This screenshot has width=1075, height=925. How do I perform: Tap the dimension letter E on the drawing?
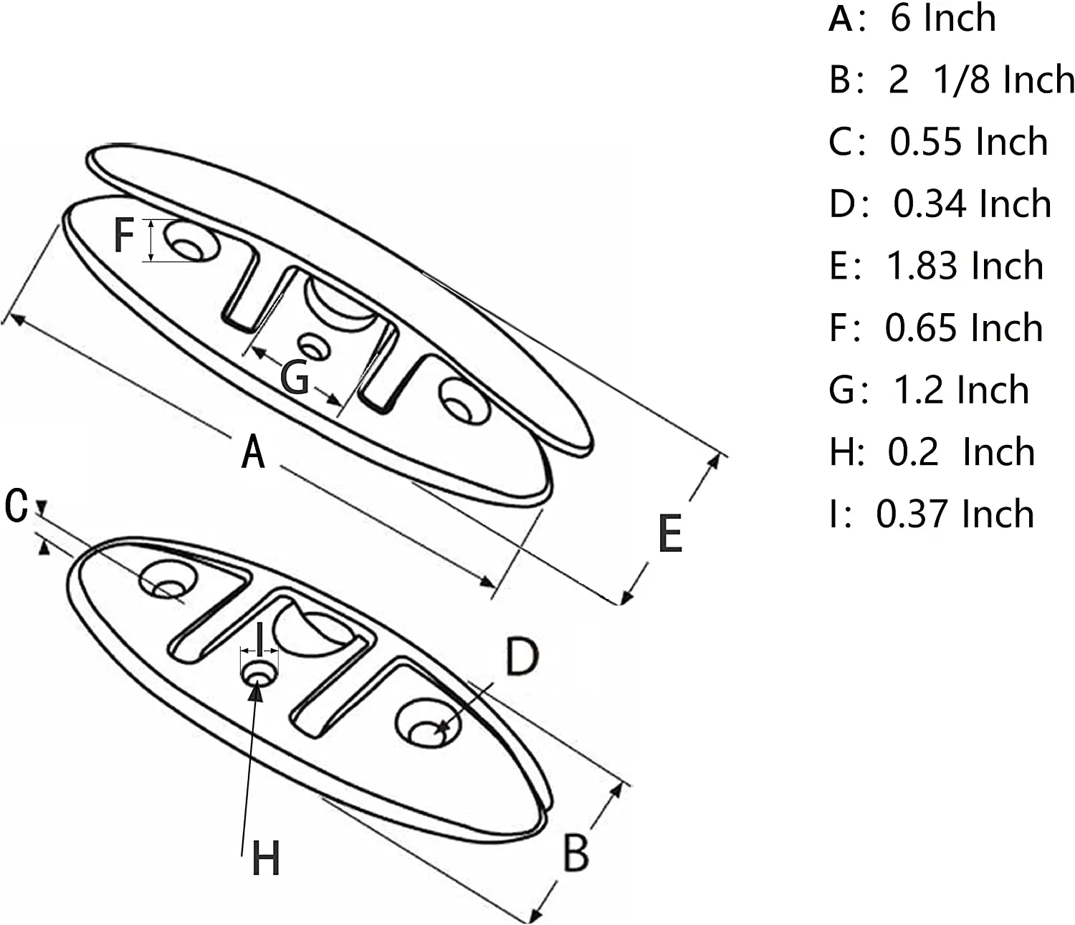(670, 534)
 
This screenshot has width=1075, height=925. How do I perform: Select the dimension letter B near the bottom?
(575, 853)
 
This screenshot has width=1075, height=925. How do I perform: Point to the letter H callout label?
(266, 858)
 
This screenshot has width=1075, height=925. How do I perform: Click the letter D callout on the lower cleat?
(522, 657)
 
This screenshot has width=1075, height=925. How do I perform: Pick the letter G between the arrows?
(295, 377)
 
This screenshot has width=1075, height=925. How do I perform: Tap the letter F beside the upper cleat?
(124, 235)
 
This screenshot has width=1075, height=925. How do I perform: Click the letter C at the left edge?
(16, 506)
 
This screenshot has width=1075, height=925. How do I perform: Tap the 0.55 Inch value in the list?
(968, 142)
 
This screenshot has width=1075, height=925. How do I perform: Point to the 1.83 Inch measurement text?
(965, 266)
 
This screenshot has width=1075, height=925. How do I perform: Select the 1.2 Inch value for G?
(960, 390)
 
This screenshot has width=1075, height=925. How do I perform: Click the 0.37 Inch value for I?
(955, 514)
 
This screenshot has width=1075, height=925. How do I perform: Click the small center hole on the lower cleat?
(259, 674)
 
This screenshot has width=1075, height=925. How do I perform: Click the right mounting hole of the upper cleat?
(464, 401)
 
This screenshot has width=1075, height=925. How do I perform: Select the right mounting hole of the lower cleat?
(428, 724)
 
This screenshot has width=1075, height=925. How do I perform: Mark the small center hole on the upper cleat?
(314, 348)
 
